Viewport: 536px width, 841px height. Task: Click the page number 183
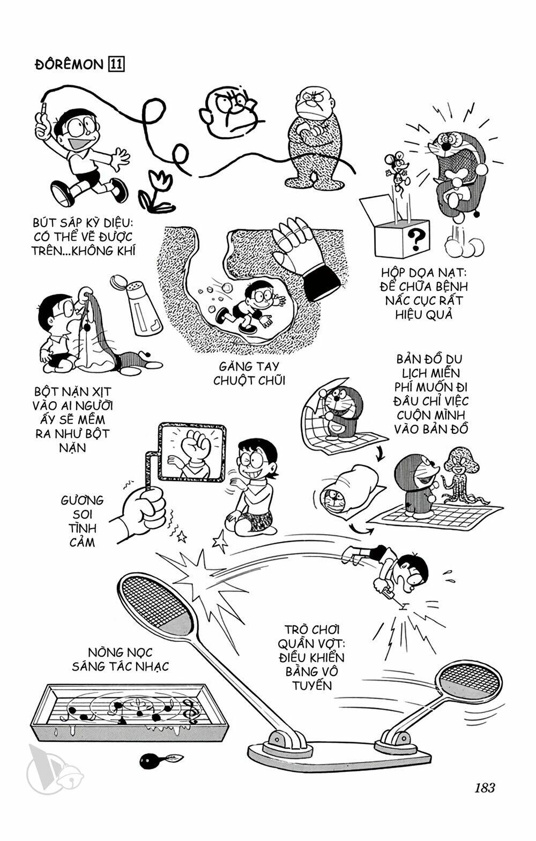(x=483, y=788)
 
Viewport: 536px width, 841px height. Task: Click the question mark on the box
(x=416, y=236)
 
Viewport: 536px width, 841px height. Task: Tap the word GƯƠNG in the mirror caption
(x=82, y=500)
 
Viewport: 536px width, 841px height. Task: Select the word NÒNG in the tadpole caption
(x=105, y=653)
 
